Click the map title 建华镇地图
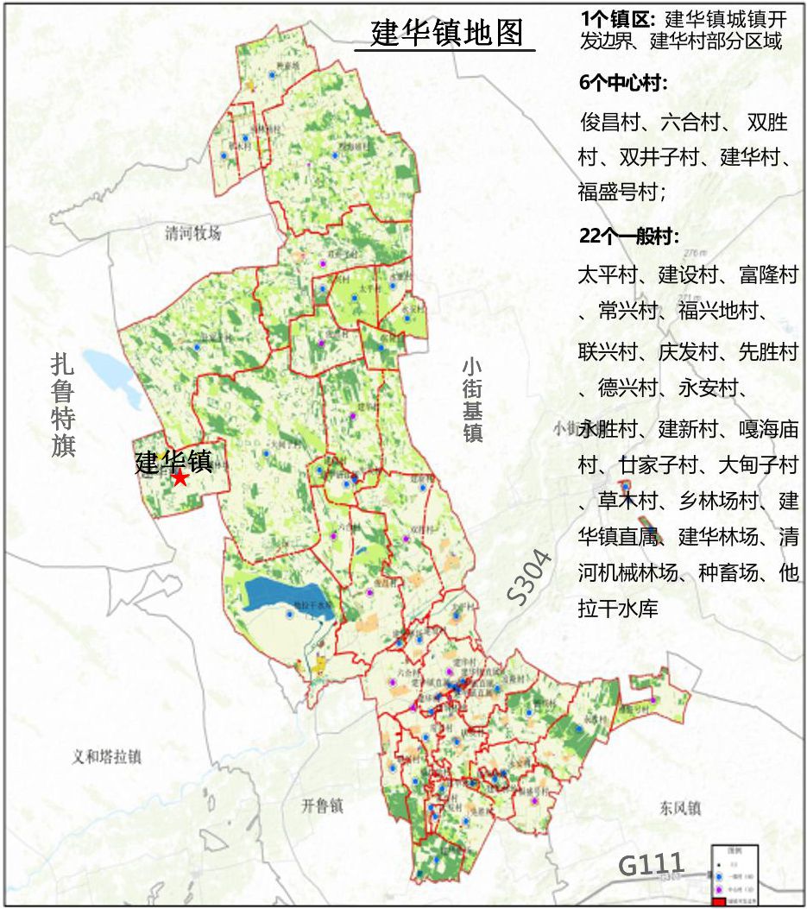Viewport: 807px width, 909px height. point(446,34)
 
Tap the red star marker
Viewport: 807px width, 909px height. point(180,478)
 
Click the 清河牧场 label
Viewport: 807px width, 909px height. point(193,233)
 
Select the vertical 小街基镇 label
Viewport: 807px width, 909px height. point(472,400)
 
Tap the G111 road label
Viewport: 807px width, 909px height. point(652,864)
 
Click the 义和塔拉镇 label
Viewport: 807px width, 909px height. point(106,757)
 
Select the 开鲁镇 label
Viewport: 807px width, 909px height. point(323,806)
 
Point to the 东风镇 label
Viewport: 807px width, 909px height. point(678,809)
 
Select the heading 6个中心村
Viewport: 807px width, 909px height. point(624,84)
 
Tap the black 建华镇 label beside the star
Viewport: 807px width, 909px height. point(173,461)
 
